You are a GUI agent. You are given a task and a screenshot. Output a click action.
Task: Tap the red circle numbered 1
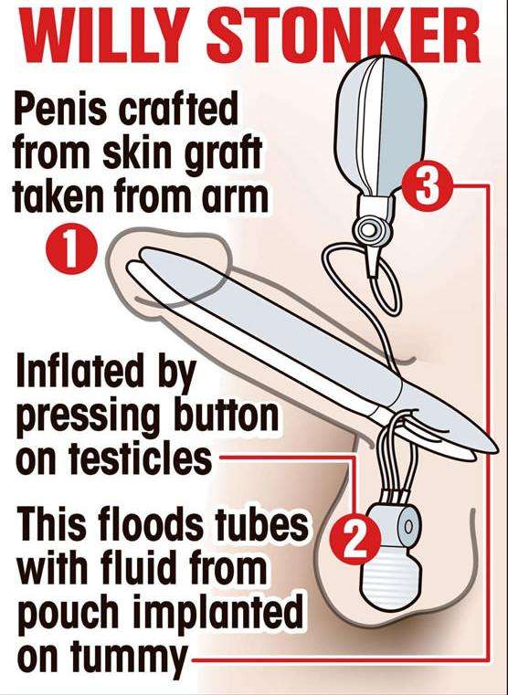[x=71, y=249]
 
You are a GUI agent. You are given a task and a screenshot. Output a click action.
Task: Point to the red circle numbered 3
[x=427, y=186]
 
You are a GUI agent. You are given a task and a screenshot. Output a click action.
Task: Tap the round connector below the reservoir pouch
[x=367, y=229]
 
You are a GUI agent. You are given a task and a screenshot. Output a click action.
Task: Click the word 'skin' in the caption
[x=137, y=153]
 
